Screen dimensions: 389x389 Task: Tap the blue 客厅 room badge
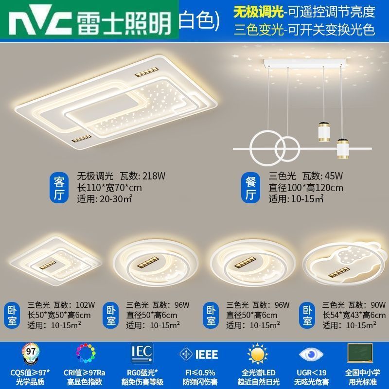(x=59, y=187)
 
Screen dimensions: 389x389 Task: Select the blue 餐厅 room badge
(x=250, y=187)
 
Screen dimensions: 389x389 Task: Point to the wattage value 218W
(x=154, y=176)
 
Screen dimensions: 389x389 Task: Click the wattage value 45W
(x=334, y=176)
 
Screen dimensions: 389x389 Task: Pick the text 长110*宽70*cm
(x=109, y=188)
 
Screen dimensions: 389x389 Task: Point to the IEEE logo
(x=198, y=354)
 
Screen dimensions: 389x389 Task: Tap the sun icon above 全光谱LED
(x=258, y=354)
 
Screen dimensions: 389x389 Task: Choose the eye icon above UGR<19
(x=311, y=354)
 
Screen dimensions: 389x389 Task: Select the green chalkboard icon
(x=360, y=353)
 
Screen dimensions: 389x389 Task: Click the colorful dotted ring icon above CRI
(x=86, y=354)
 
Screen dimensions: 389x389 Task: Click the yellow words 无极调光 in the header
(x=258, y=12)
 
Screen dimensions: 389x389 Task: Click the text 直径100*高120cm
(x=306, y=188)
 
